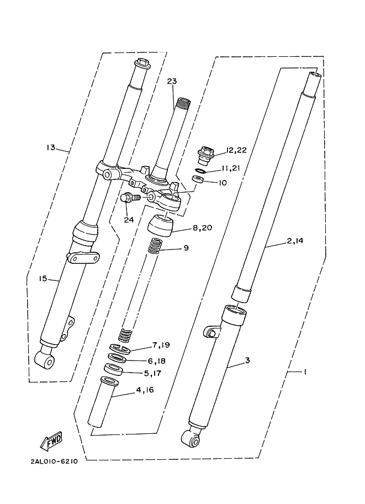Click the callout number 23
(172, 82)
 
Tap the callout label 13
(51, 147)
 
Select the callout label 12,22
(236, 150)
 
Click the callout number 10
(223, 183)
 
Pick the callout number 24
(129, 220)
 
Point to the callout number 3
(247, 360)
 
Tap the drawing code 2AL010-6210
(46, 461)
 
